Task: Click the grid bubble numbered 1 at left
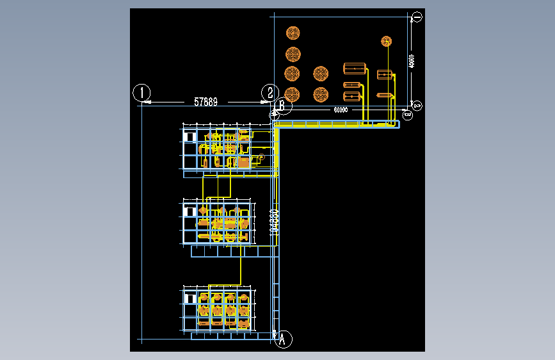[x=141, y=92]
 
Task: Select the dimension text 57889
[x=205, y=101]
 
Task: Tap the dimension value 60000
[x=341, y=110]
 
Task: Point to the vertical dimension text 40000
[x=412, y=61]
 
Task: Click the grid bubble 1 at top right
[x=416, y=17]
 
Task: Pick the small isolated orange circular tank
[x=386, y=42]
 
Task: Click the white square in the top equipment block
[x=189, y=136]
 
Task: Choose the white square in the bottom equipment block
[x=190, y=299]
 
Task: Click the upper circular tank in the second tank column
[x=321, y=74]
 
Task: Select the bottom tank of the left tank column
[x=293, y=95]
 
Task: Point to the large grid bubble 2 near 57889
[x=271, y=92]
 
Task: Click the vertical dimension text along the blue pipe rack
[x=274, y=221]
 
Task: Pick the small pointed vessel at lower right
[x=385, y=95]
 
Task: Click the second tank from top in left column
[x=293, y=54]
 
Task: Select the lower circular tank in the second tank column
[x=321, y=95]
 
